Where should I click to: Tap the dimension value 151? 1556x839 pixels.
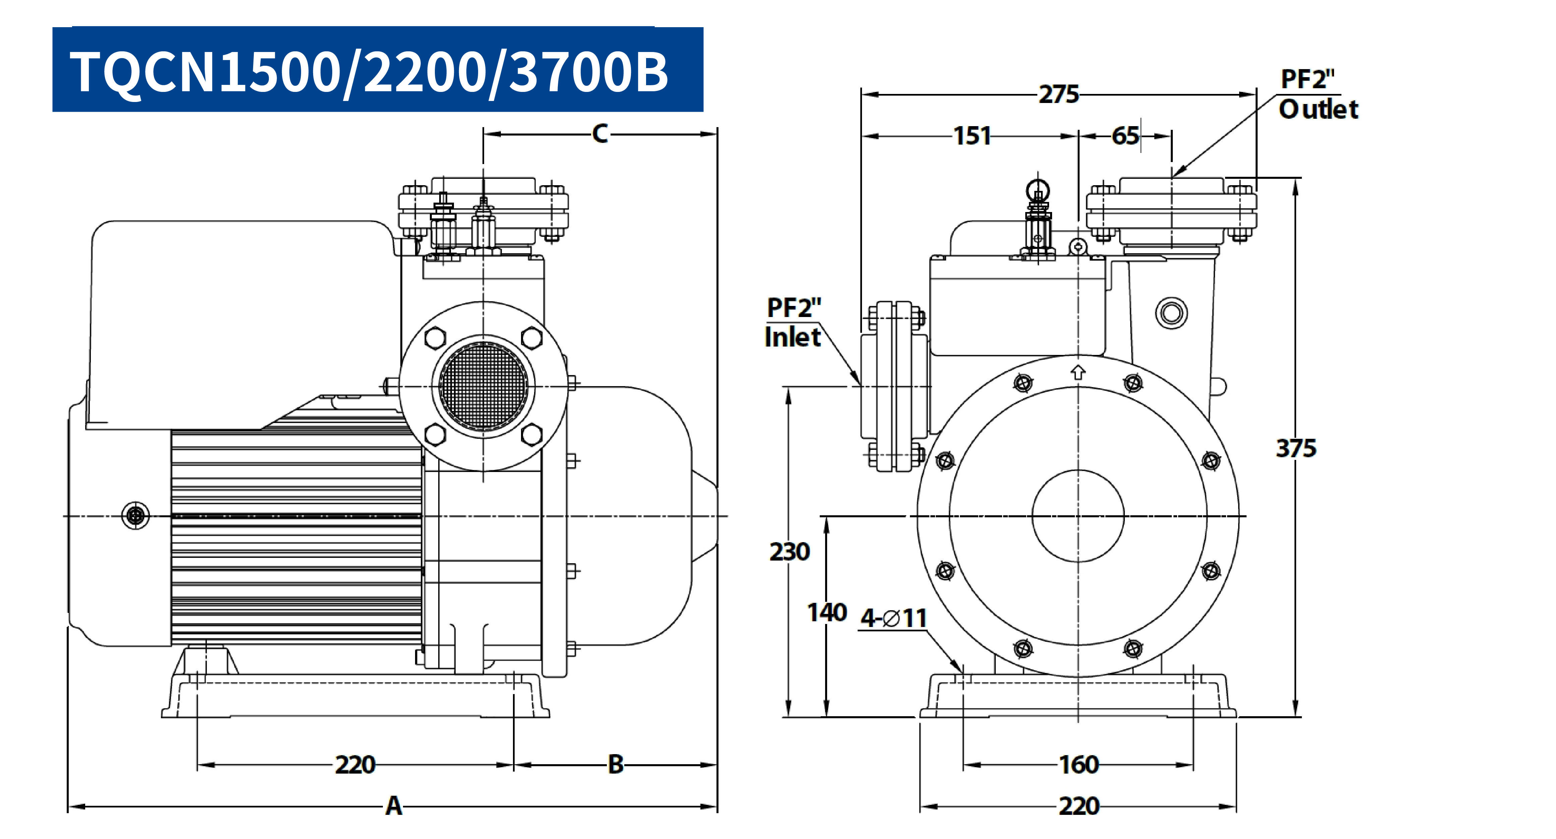point(972,136)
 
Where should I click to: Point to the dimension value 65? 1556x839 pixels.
point(1125,136)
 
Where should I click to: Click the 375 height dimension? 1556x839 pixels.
point(1295,449)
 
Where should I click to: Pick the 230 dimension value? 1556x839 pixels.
point(789,551)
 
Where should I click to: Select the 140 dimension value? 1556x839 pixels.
point(827,612)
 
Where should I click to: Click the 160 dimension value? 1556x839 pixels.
point(1079,765)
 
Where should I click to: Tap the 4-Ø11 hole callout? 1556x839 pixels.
point(894,618)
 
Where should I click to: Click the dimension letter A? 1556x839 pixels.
point(394,806)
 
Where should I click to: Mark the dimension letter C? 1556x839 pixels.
point(600,134)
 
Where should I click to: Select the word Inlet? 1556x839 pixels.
point(793,337)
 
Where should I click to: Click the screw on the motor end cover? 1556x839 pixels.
point(136,516)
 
